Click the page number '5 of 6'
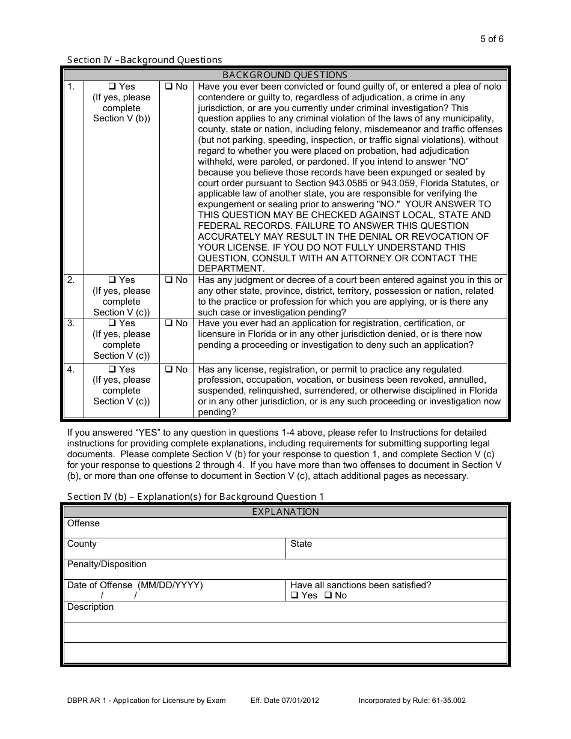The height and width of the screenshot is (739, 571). [492, 40]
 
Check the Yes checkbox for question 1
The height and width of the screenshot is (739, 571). [112, 87]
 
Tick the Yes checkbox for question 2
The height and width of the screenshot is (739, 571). [112, 280]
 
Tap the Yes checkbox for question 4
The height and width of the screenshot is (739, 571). [112, 369]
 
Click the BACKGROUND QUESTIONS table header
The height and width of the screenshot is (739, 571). [285, 75]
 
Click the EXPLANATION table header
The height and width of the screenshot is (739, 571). [285, 512]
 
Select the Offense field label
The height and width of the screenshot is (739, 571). [84, 523]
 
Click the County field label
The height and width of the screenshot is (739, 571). [82, 544]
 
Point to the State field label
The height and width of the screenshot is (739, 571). [301, 544]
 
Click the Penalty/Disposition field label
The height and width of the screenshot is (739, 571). [106, 564]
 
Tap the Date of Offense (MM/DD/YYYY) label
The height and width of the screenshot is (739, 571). [135, 585]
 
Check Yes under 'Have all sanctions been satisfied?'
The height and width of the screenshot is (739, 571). [295, 595]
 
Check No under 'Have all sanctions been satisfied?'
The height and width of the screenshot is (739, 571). [328, 595]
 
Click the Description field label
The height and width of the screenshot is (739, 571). [90, 607]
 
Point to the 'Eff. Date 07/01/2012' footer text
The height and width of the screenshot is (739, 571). [284, 700]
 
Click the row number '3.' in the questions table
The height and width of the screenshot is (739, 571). [71, 323]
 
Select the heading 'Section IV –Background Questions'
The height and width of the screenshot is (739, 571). [144, 59]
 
